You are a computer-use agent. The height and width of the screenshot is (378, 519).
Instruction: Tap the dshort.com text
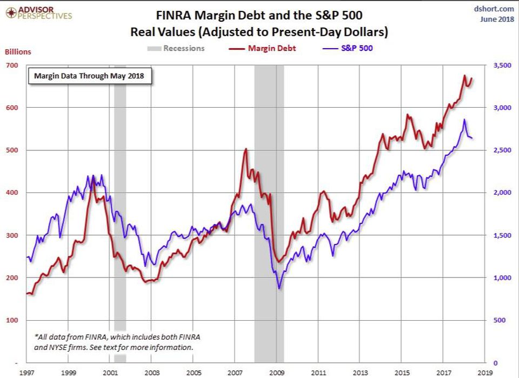click(496, 9)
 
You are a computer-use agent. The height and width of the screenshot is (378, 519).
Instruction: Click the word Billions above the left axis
click(18, 52)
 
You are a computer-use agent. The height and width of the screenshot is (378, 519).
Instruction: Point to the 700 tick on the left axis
click(12, 65)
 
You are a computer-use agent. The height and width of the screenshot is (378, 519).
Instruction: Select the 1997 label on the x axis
click(26, 373)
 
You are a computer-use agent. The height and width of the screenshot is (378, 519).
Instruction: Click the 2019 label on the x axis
click(484, 373)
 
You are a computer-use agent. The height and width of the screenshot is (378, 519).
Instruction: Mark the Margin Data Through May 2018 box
click(90, 75)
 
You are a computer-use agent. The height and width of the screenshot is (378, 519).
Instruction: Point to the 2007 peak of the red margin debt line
click(246, 149)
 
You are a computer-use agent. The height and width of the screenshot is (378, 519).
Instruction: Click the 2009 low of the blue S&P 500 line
click(279, 288)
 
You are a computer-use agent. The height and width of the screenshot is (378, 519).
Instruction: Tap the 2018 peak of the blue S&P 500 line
click(464, 120)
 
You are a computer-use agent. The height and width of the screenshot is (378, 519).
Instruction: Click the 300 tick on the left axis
click(12, 235)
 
